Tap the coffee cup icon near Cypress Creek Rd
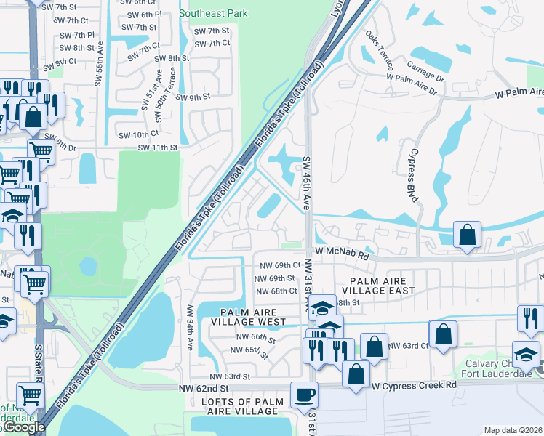tap(304, 395)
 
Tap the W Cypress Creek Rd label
tap(415, 384)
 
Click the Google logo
tap(23, 427)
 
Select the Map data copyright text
tap(513, 430)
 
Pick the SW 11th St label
tap(158, 148)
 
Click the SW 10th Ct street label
tap(137, 134)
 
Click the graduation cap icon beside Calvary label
tap(525, 355)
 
